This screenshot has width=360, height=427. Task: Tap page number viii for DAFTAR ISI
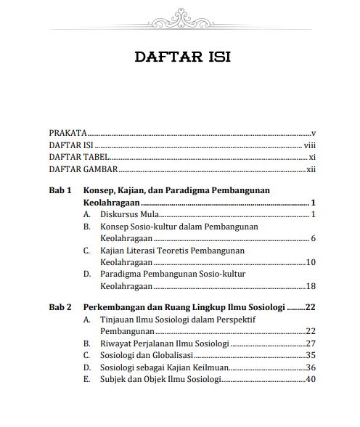click(310, 145)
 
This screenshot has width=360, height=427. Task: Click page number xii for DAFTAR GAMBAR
click(311, 169)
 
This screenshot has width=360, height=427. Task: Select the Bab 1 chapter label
click(60, 191)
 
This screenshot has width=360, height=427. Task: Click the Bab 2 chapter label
click(60, 307)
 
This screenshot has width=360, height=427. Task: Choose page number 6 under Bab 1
click(313, 239)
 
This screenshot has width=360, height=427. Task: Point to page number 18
click(311, 285)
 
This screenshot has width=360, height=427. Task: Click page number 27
click(311, 343)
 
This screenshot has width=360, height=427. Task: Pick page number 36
click(311, 367)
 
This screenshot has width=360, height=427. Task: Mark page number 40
click(311, 378)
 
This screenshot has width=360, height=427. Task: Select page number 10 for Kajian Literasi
click(311, 262)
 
